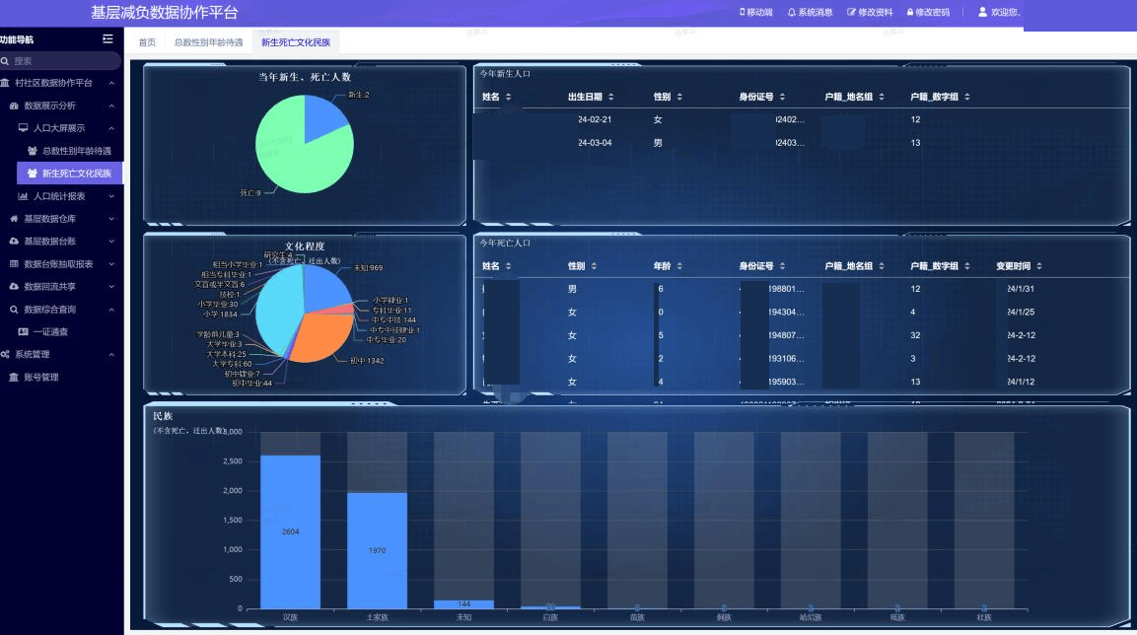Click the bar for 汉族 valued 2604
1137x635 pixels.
click(x=290, y=531)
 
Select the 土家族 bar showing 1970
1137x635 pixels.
click(x=377, y=550)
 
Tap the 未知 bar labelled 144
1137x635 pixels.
click(x=463, y=604)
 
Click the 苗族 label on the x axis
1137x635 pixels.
click(x=637, y=617)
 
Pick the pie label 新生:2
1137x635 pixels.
click(x=358, y=95)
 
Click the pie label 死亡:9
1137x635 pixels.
click(x=250, y=193)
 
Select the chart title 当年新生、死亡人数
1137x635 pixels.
click(x=305, y=77)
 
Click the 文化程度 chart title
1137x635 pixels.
click(x=305, y=246)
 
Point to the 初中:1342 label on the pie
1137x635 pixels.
click(x=367, y=361)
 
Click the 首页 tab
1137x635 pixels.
click(x=147, y=42)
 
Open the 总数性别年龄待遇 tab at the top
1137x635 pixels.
click(x=208, y=42)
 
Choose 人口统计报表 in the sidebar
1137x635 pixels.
click(x=59, y=196)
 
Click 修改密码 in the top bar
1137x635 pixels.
click(x=928, y=13)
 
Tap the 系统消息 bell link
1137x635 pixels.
click(x=811, y=13)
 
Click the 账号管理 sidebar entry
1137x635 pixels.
click(x=40, y=377)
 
